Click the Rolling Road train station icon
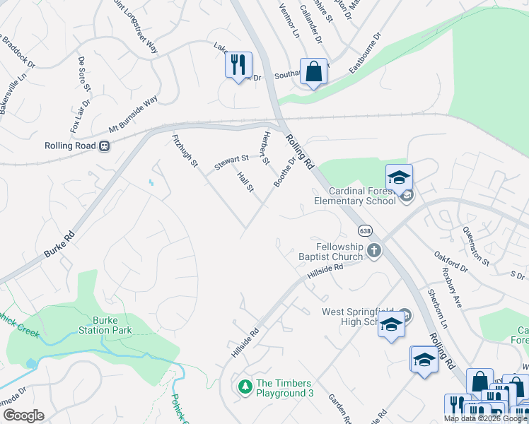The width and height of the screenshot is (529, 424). pos(104,146)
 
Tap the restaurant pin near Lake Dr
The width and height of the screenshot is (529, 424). pos(238,64)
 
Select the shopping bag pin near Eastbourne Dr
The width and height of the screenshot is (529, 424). pos(313,71)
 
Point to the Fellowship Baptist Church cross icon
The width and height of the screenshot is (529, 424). pos(374,250)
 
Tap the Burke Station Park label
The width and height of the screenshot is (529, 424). pos(112,324)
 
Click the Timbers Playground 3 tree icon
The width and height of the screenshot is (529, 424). pos(245,387)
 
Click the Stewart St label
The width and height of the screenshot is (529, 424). pos(232,163)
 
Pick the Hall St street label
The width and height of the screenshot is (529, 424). pos(245,180)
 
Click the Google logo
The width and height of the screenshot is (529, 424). pos(23,416)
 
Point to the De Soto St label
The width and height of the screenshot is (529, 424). pos(85,73)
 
